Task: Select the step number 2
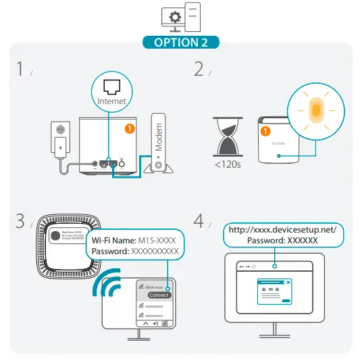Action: coord(199,69)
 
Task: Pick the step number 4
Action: coord(199,221)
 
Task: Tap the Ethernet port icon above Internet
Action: coord(111,85)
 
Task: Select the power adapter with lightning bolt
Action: coord(61,146)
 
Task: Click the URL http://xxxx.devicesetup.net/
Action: coord(282,230)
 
